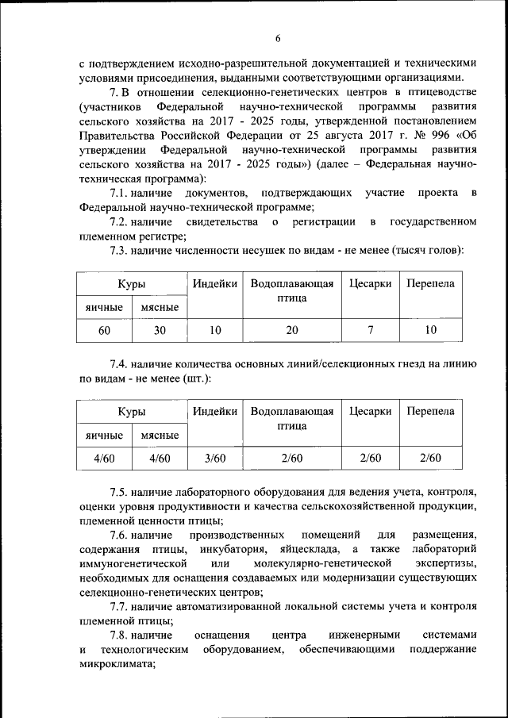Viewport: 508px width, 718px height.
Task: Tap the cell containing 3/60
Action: [215, 458]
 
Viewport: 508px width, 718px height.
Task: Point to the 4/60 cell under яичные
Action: [104, 458]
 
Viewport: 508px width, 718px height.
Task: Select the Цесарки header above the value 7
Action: [370, 284]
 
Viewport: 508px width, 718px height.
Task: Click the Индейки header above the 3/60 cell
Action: [215, 411]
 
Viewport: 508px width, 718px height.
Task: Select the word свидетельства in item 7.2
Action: [221, 221]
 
